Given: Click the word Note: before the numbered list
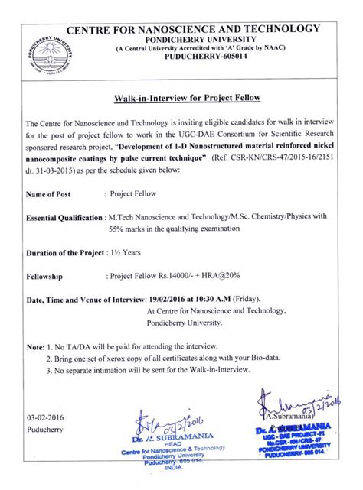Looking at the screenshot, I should point(35,346).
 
